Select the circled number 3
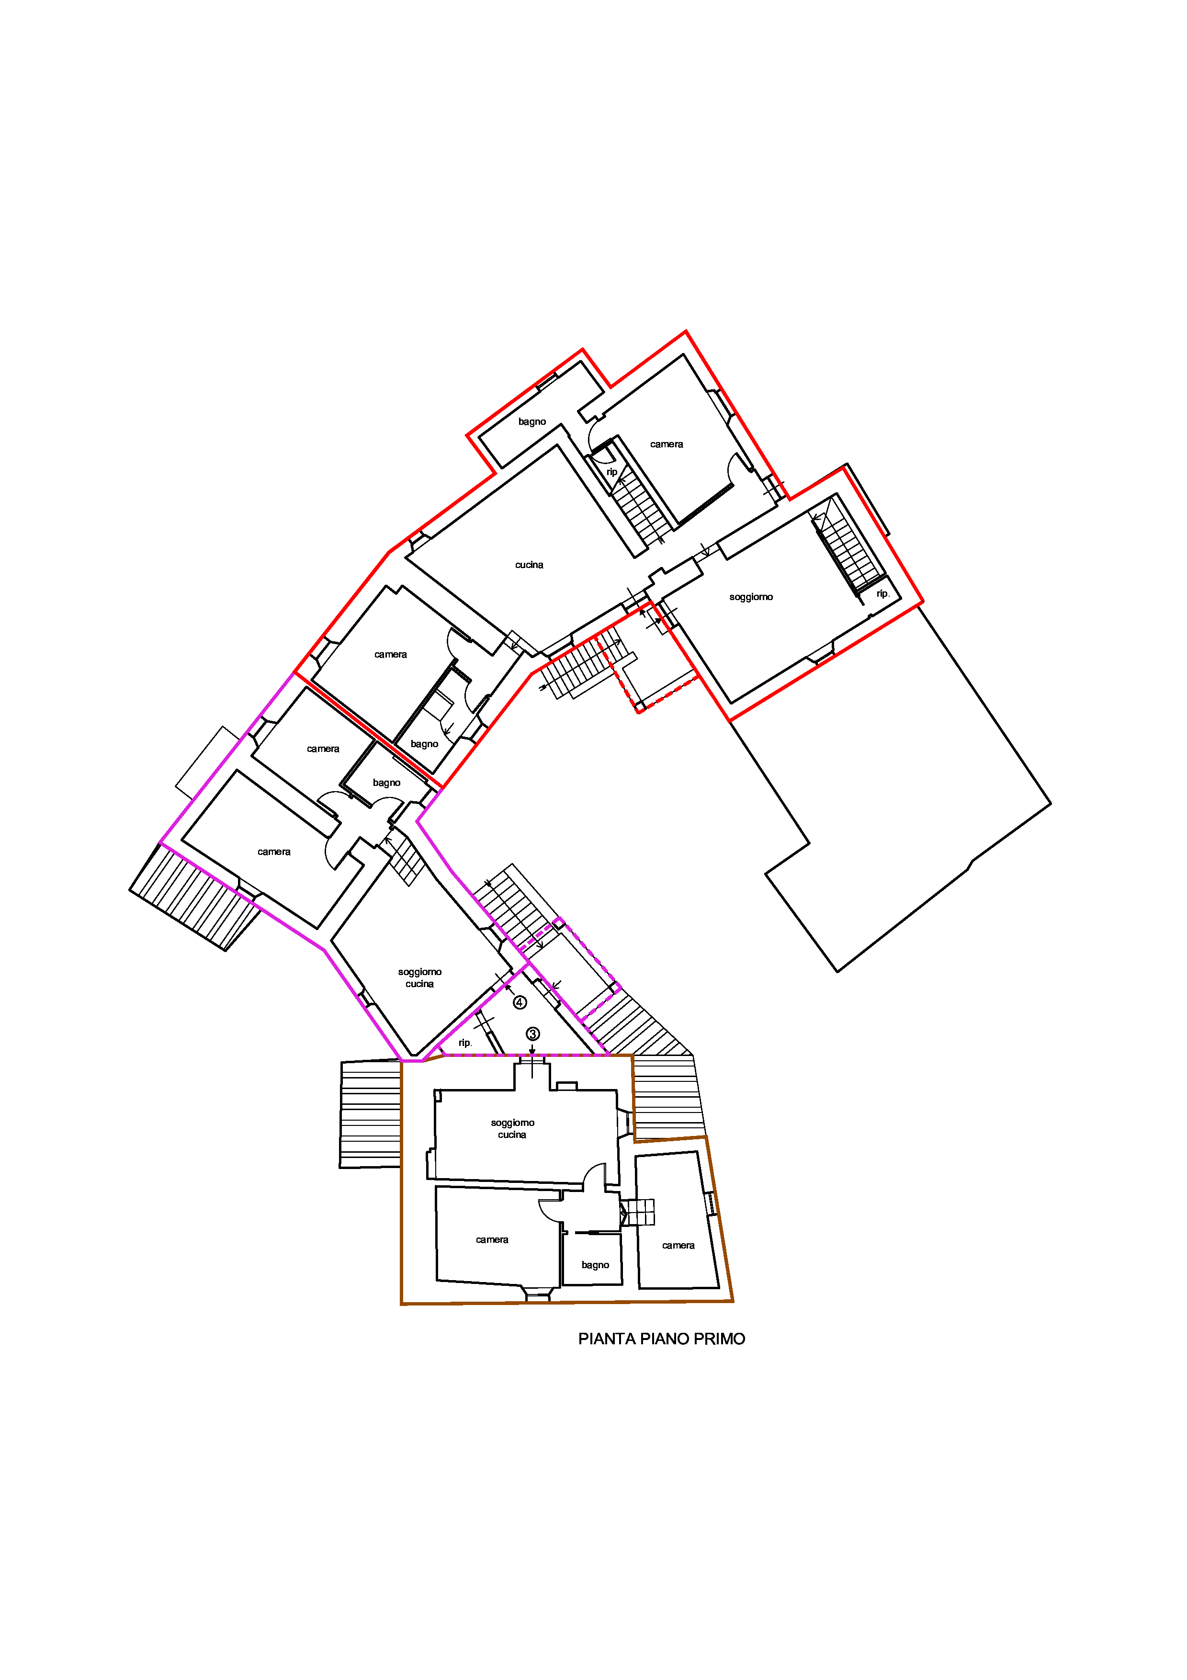[x=532, y=1034]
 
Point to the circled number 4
[x=519, y=1002]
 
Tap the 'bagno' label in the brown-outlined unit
[x=595, y=1265]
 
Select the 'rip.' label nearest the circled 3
[x=465, y=1043]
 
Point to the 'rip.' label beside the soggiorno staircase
[x=883, y=593]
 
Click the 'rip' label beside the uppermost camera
[x=611, y=472]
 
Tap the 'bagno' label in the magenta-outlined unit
[x=386, y=783]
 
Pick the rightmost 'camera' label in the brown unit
[x=678, y=1245]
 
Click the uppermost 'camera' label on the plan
[x=666, y=444]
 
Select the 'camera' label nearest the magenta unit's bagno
[x=323, y=749]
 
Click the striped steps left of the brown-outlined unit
[x=370, y=1113]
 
